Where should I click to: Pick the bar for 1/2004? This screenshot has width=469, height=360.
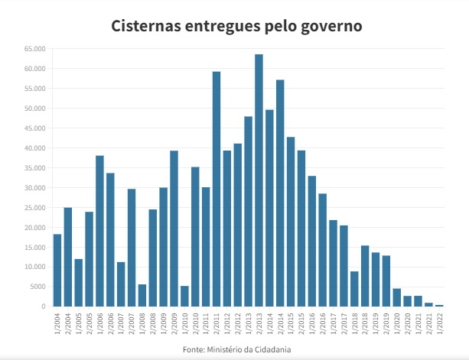click(x=57, y=271)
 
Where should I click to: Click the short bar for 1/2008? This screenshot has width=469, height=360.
click(x=142, y=296)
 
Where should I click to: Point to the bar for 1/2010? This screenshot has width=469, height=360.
click(x=184, y=297)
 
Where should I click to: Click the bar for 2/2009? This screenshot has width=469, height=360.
click(x=174, y=229)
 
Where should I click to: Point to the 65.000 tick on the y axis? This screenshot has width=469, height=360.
click(x=35, y=49)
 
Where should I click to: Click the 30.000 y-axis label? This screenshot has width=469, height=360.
click(x=35, y=188)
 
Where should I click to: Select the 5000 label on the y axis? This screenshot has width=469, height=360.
click(x=38, y=287)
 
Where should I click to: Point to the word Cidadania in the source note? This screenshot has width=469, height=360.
click(x=273, y=350)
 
